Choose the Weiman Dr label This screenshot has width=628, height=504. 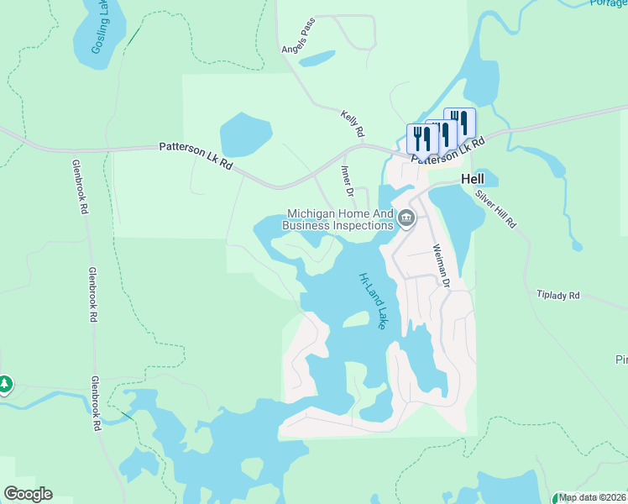[x=441, y=266]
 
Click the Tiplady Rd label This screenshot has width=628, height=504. [x=558, y=296]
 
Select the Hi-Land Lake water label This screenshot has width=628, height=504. [x=372, y=300]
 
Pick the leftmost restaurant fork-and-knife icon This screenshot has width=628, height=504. [x=421, y=138]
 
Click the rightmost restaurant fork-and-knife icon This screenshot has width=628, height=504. [x=459, y=122]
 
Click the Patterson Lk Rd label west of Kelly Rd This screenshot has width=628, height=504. [x=196, y=157]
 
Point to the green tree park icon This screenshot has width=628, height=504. [x=5, y=384]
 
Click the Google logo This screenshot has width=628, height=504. [x=28, y=493]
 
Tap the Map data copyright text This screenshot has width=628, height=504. [x=593, y=497]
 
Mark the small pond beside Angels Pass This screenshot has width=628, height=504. [x=317, y=59]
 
